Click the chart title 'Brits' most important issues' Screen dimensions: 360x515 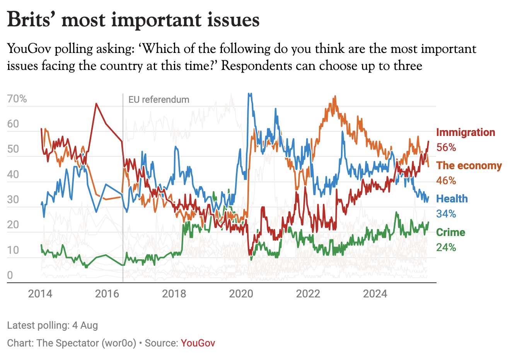[133, 20]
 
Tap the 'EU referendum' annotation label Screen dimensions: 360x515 [159, 100]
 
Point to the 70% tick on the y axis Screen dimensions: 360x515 [17, 99]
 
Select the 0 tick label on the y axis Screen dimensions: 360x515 [10, 275]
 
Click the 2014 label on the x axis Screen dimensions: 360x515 [40, 294]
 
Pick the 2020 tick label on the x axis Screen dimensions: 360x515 [241, 294]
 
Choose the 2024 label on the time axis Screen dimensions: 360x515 [375, 294]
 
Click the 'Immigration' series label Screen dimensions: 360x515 [466, 132]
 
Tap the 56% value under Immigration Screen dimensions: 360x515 [446, 148]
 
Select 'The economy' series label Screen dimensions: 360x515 [469, 166]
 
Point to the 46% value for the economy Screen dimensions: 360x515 [446, 181]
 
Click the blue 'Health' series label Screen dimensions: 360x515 [452, 199]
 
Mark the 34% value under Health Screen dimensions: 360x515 [446, 214]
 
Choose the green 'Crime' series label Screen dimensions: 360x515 [450, 233]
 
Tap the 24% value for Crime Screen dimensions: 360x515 [446, 248]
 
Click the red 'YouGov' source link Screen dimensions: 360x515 [198, 343]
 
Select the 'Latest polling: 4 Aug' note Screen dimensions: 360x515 [53, 325]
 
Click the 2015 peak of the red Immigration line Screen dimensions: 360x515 [96, 104]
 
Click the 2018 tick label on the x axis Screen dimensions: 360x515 [174, 294]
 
